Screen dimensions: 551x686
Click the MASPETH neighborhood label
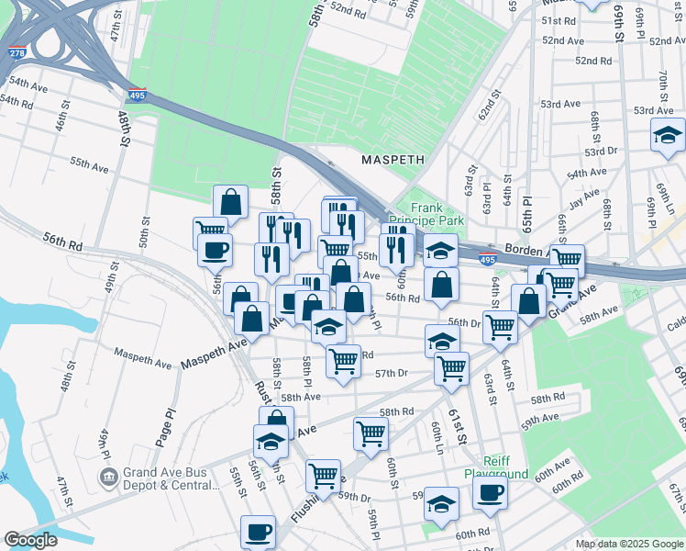click(393, 159)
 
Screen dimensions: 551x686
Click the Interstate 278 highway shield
click(16, 51)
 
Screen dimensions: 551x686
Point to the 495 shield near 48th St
click(138, 95)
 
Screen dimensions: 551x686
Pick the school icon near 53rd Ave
click(667, 135)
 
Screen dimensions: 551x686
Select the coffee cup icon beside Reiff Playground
click(489, 492)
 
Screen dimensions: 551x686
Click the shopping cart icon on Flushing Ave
click(323, 475)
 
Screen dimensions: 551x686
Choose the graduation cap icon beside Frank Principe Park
click(440, 250)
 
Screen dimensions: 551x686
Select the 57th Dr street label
click(391, 373)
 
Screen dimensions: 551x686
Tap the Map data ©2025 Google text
click(628, 543)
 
